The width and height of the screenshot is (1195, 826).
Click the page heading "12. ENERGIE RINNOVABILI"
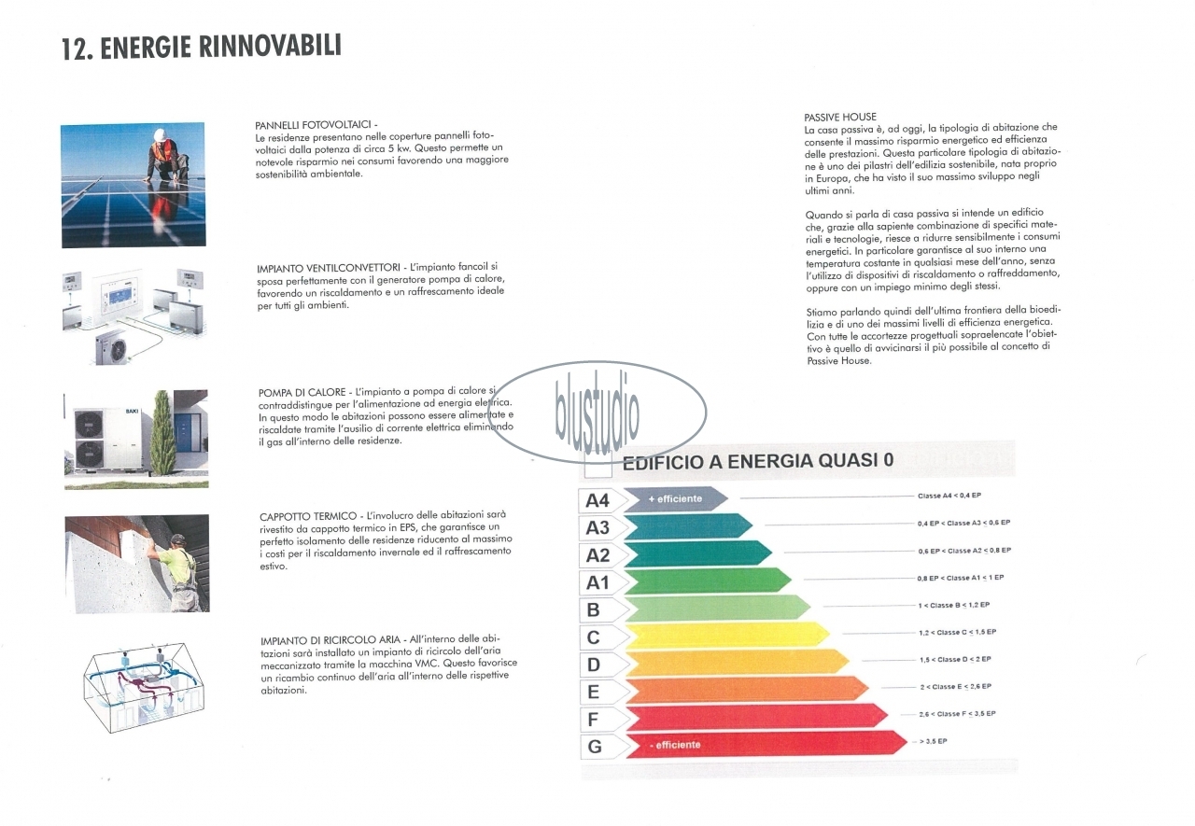[x=201, y=48]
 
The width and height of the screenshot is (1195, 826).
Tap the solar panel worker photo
[x=134, y=185]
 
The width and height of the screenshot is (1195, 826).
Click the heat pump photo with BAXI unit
[x=135, y=440]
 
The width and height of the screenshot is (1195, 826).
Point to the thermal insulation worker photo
[x=136, y=564]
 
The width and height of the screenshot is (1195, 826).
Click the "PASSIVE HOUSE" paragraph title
[x=840, y=118]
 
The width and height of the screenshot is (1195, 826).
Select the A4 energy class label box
[x=597, y=501]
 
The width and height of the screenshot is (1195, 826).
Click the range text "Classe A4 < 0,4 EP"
[x=955, y=496]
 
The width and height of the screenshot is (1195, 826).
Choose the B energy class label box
[x=594, y=611]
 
